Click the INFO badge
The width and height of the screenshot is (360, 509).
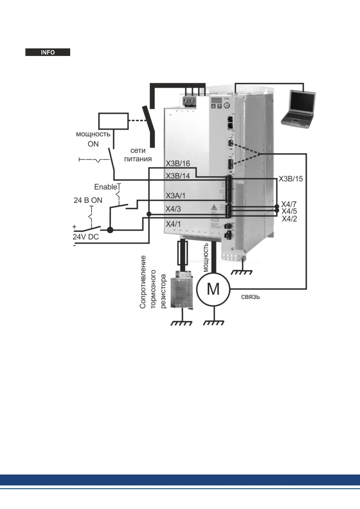(48, 52)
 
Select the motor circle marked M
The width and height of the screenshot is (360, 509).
(213, 289)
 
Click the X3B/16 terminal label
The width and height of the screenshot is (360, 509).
(178, 164)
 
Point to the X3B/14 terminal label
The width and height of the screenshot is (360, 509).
(178, 176)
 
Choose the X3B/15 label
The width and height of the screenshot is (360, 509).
(290, 179)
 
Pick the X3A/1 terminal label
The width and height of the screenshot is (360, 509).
(175, 196)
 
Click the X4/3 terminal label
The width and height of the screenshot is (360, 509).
(173, 209)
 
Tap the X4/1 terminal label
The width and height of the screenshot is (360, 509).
(173, 224)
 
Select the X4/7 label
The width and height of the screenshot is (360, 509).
(289, 204)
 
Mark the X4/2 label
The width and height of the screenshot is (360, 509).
(289, 219)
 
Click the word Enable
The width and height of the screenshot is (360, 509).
(106, 187)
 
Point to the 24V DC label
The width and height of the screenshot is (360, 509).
(86, 237)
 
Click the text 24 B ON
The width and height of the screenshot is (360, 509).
(88, 200)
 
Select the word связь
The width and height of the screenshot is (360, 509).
(250, 297)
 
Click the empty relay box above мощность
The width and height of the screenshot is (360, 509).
(113, 121)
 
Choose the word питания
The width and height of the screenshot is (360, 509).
(138, 159)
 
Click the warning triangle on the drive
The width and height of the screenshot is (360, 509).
(214, 207)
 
